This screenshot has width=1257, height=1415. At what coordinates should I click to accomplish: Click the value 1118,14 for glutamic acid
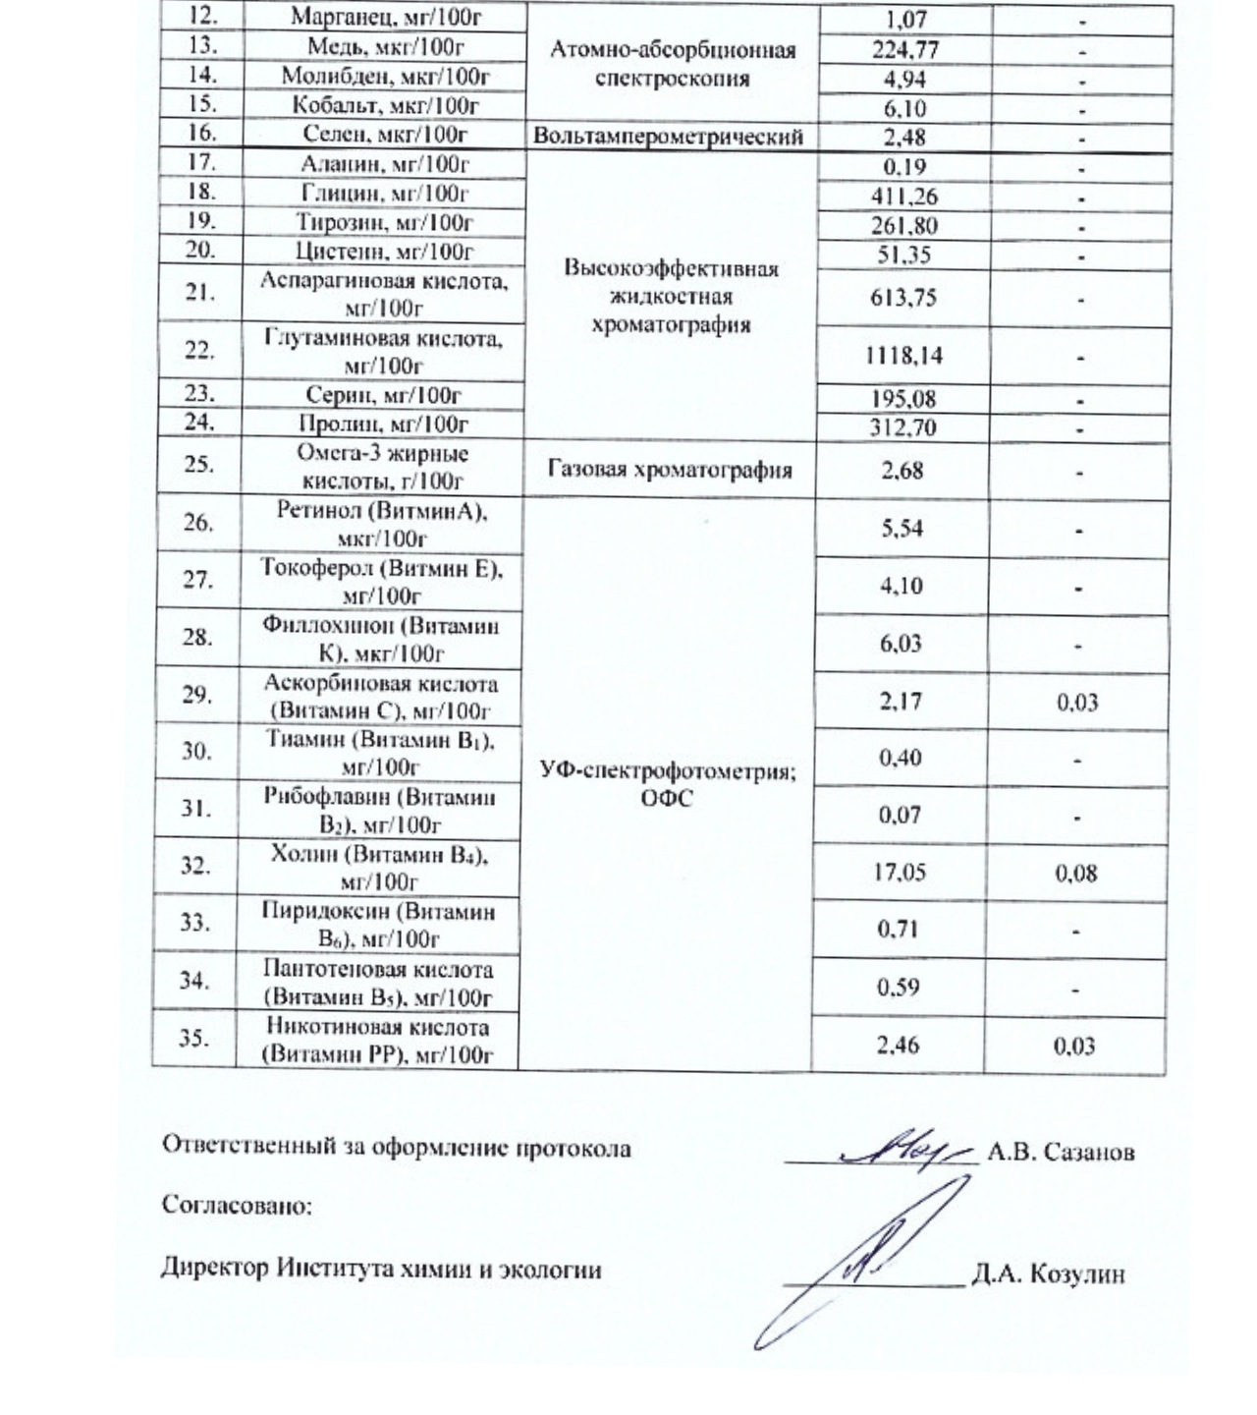pos(903,355)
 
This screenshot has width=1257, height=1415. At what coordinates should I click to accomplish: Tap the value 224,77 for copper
pos(903,49)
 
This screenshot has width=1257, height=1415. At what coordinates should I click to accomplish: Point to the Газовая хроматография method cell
pos(670,470)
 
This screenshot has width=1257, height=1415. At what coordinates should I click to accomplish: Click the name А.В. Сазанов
pos(1061,1152)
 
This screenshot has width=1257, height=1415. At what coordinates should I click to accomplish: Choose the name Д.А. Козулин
pos(1048,1275)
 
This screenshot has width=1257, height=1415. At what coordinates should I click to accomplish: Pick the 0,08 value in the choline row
pos(1076,873)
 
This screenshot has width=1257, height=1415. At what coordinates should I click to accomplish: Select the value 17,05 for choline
pos(900,872)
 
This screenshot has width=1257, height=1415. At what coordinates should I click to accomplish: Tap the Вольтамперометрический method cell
pos(670,138)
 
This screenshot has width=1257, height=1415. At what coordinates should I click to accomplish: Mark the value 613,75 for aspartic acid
pos(903,298)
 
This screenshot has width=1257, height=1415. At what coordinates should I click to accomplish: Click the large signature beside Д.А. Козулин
pos(869,1258)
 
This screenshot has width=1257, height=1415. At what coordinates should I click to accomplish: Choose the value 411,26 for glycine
pos(903,197)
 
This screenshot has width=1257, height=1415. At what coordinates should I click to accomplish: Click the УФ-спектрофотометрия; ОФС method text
pos(670,785)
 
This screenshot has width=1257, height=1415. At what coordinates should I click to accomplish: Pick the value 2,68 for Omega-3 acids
pos(902,470)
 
